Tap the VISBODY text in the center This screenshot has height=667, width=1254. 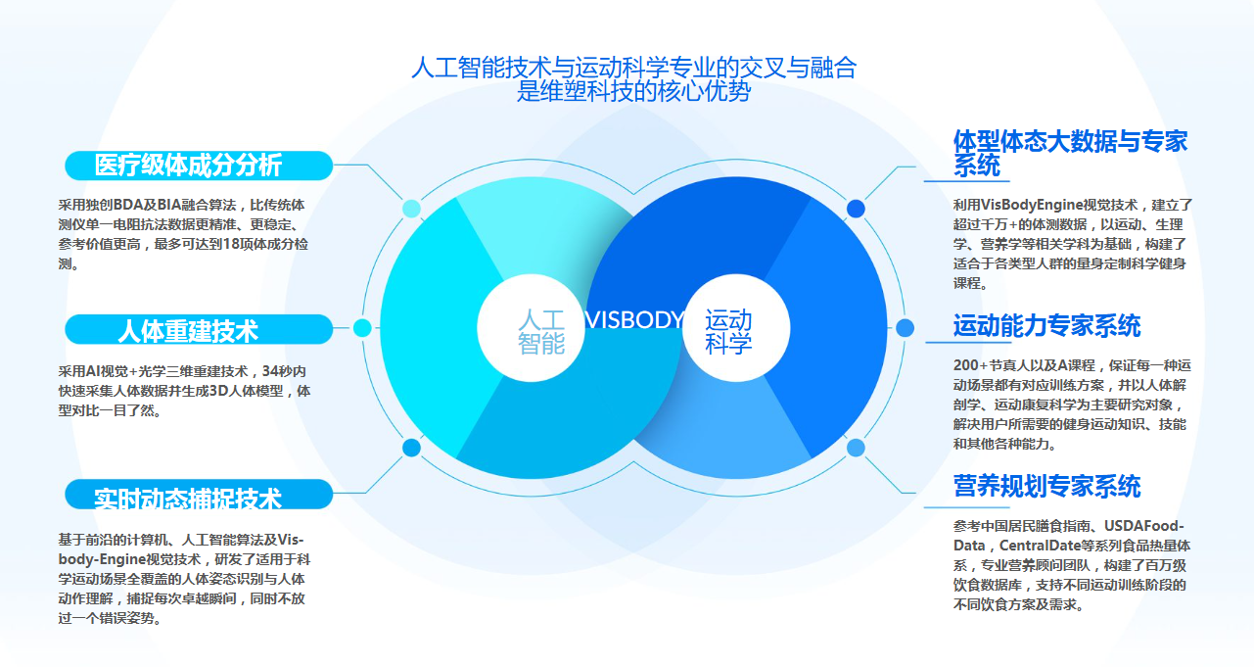(633, 320)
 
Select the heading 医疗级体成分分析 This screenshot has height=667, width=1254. (188, 166)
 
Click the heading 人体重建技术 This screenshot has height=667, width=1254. (188, 330)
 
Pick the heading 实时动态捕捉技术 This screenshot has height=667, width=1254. (188, 498)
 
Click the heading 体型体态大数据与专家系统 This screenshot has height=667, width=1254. (1069, 152)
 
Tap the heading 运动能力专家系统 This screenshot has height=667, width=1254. (1046, 325)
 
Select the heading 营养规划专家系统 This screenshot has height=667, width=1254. (1046, 486)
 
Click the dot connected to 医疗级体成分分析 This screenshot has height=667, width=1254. (411, 209)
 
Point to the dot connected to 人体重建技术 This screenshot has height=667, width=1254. (362, 328)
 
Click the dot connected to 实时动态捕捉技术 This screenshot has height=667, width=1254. (411, 448)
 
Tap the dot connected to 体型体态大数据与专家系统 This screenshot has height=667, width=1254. (856, 209)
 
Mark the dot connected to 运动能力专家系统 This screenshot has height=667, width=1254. (905, 328)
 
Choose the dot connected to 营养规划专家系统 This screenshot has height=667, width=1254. (856, 448)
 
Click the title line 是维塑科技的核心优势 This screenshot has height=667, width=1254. (633, 91)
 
